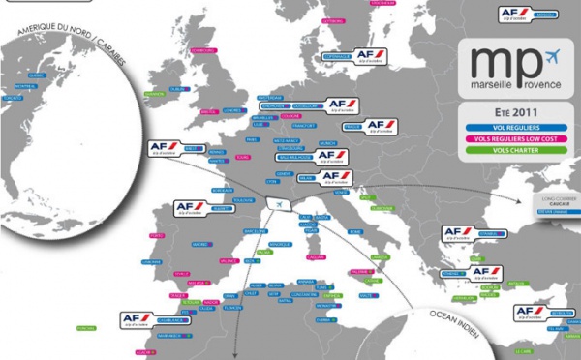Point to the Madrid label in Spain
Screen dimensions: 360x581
(200, 244)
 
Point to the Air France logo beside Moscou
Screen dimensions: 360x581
(512, 14)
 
